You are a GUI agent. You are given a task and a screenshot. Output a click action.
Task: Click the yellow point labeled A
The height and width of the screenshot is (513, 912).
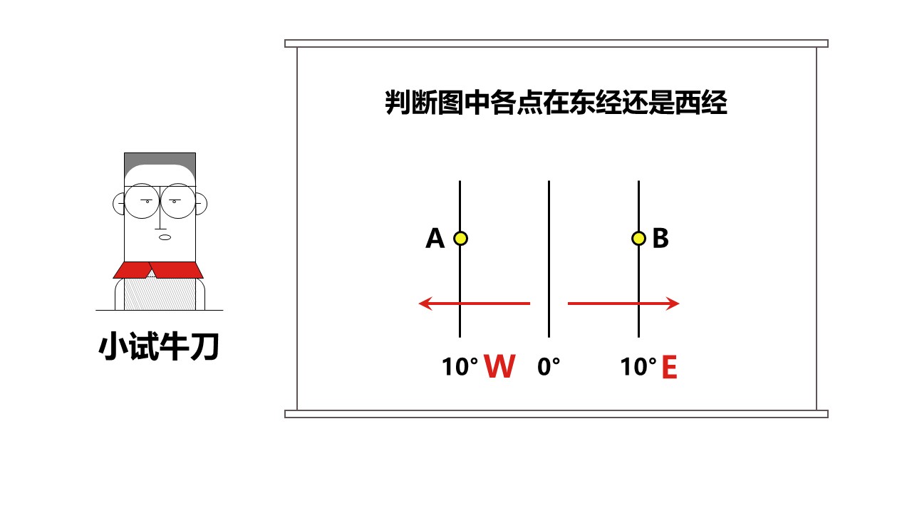[x=460, y=238]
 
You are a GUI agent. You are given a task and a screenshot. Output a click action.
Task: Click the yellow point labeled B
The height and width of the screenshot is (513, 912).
[x=638, y=238]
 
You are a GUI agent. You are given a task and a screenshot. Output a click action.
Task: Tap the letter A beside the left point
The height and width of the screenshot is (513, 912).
[x=435, y=238]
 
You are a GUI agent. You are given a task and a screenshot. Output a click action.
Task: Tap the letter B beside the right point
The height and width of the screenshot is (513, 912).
[x=660, y=238]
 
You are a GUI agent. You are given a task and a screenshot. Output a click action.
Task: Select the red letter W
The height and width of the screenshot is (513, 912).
[x=499, y=366]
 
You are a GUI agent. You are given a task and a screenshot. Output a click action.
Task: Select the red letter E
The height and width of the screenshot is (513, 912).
[x=669, y=367]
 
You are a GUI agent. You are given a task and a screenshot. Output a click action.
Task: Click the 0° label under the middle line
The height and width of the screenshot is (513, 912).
[x=549, y=366]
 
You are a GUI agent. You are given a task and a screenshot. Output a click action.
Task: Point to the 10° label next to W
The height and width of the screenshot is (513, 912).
[x=460, y=366]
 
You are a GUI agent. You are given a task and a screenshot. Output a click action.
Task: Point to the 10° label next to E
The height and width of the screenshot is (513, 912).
[x=638, y=366]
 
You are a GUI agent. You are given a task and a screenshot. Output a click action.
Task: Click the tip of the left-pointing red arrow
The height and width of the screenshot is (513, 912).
[x=419, y=304]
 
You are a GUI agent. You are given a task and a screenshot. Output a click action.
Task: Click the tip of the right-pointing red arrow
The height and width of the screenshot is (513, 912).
[x=679, y=304]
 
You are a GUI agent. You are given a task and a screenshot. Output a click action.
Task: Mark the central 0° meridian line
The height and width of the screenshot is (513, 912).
[x=549, y=259]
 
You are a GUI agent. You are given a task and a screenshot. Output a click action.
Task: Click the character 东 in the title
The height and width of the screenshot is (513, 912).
[x=582, y=102]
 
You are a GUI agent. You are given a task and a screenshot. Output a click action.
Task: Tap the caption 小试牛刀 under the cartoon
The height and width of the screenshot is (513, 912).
[x=159, y=347]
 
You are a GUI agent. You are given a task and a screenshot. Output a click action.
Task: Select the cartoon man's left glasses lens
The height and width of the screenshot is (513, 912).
[x=142, y=201]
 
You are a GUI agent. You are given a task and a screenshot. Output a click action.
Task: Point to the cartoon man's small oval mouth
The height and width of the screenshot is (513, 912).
[x=165, y=237]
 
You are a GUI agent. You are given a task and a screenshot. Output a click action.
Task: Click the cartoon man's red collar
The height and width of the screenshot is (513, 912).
[x=158, y=270]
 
